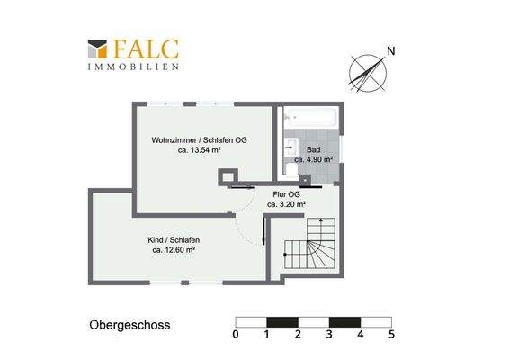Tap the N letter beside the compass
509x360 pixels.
point(389,50)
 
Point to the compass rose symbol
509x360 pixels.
point(367,72)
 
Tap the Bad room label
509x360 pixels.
point(313,149)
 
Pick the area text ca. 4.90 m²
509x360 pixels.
point(313,159)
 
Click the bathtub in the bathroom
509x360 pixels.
point(308,118)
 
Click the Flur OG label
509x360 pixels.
point(286,193)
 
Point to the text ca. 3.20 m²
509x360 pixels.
point(286,204)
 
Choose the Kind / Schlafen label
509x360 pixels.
point(174,240)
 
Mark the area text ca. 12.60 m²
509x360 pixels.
point(174,251)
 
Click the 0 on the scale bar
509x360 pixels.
point(235,335)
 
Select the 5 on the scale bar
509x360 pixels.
point(391,335)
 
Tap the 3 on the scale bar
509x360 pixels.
point(329,335)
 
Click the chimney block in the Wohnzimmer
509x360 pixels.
point(230,177)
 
